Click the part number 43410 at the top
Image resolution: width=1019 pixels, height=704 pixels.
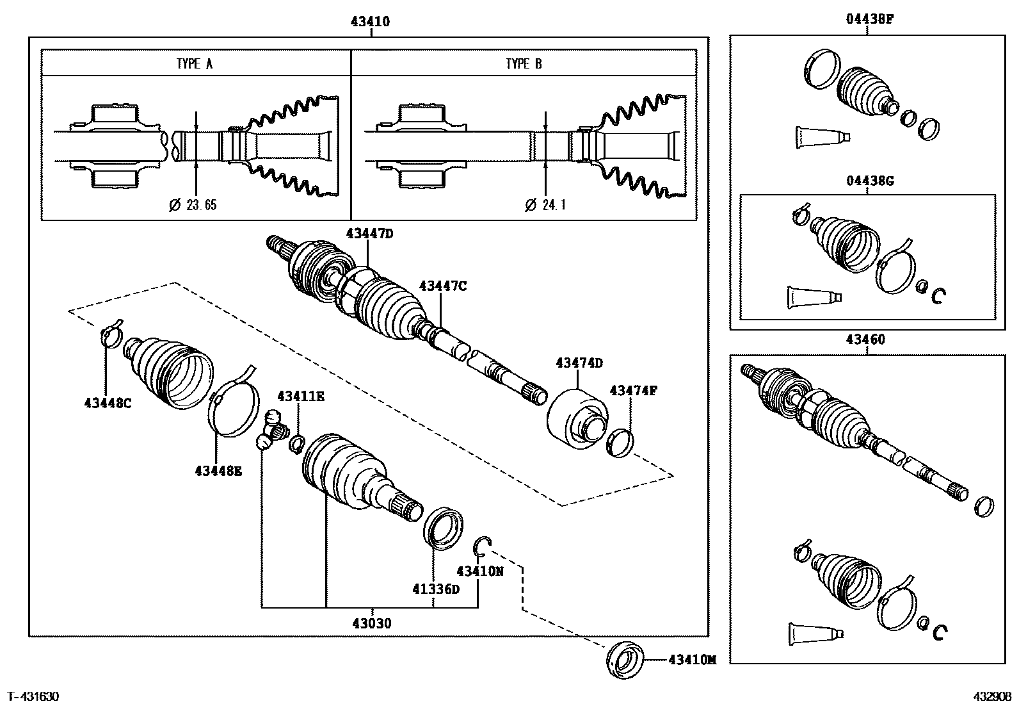click(371, 21)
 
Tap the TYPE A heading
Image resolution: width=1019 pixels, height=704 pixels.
click(195, 64)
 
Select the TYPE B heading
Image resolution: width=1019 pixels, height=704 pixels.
click(524, 64)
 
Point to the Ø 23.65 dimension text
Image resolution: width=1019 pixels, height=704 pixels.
click(193, 205)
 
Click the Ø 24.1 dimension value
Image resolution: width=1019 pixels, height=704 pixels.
click(545, 205)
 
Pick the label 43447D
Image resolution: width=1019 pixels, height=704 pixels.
click(370, 234)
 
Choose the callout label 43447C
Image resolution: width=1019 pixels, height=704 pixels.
click(443, 286)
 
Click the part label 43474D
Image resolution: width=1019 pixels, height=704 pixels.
click(579, 363)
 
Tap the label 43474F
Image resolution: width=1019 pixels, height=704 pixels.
click(633, 391)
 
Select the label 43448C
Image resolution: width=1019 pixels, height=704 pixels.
click(108, 403)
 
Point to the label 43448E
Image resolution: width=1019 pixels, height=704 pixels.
click(218, 471)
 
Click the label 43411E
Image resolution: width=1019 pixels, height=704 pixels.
click(301, 396)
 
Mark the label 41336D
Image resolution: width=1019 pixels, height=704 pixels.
click(436, 589)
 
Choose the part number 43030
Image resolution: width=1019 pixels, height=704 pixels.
click(372, 623)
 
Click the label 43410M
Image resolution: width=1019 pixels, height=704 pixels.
click(692, 660)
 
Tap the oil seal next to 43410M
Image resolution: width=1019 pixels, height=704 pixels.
click(625, 660)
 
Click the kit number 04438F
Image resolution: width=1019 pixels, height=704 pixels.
click(870, 19)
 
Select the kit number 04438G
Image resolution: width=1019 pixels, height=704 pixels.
click(870, 181)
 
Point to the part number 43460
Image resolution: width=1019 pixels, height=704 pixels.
click(865, 340)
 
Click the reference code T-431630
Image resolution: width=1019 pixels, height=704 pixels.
click(34, 697)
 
